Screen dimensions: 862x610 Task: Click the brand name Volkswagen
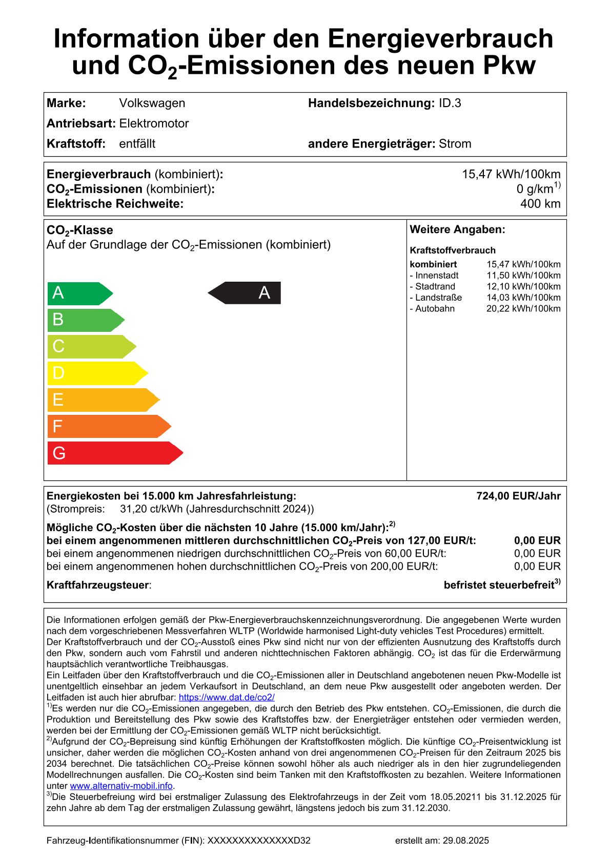pos(152,103)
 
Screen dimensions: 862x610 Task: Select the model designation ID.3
pos(450,103)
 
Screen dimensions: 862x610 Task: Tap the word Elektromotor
pos(154,123)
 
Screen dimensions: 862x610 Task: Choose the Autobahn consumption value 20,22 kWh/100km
pos(523,309)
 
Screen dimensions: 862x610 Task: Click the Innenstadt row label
pos(434,276)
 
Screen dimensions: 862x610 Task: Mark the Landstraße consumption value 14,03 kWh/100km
pos(523,298)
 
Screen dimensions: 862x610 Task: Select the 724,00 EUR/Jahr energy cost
pos(518,496)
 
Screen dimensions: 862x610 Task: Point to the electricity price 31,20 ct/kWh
pos(152,509)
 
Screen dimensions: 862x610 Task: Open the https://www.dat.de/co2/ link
pos(227,698)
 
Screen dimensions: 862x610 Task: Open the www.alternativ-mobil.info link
pos(121,786)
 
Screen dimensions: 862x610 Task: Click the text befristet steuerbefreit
pos(499,585)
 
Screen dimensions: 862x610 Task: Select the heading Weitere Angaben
pos(457,230)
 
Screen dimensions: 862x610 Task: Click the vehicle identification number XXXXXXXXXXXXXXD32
pos(259,840)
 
